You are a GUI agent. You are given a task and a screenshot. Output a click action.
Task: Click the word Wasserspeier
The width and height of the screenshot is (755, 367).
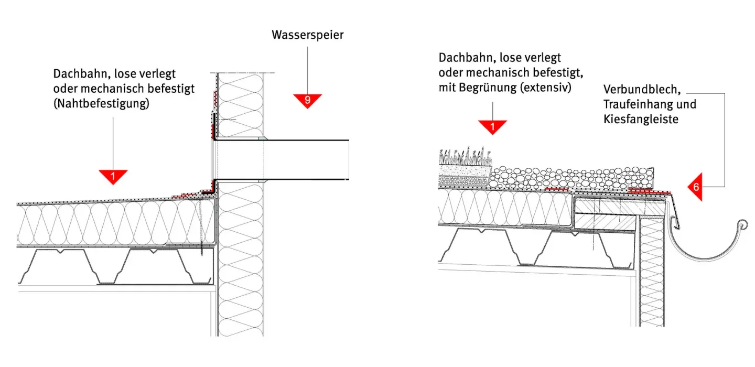(x=307, y=35)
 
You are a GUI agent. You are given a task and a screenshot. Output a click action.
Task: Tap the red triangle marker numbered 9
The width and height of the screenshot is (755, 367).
(x=307, y=100)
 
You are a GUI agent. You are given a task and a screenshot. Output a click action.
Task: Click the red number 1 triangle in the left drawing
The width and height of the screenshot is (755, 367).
(x=113, y=176)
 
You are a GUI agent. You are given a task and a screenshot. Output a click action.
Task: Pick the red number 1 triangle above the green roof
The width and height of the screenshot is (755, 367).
(x=492, y=126)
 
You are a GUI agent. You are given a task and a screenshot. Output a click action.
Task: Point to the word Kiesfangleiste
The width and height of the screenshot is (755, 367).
(x=641, y=119)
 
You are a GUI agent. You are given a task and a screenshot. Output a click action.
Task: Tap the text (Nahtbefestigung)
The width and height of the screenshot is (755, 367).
(x=101, y=104)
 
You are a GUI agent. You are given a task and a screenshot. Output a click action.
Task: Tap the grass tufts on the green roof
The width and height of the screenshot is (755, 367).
(x=464, y=156)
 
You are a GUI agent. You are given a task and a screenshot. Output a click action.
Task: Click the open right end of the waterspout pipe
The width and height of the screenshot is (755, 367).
(x=349, y=160)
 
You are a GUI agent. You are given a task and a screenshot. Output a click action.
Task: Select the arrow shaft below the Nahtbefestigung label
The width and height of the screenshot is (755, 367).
(x=113, y=142)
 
